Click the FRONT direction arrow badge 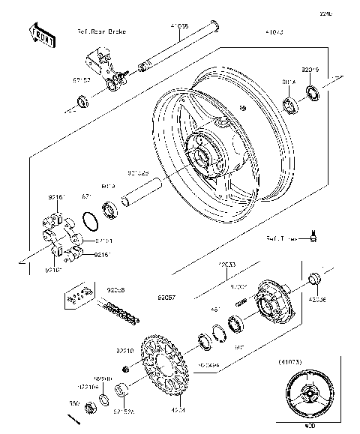coord(40,35)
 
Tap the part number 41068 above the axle coord(179,25)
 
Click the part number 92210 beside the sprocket coord(124,349)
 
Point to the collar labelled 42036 coord(315,280)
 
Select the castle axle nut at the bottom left coord(89,409)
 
